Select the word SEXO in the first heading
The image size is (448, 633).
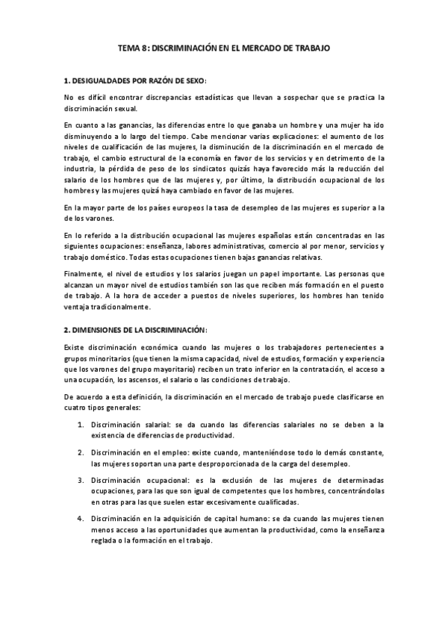(x=190, y=79)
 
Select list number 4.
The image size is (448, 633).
(x=81, y=518)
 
